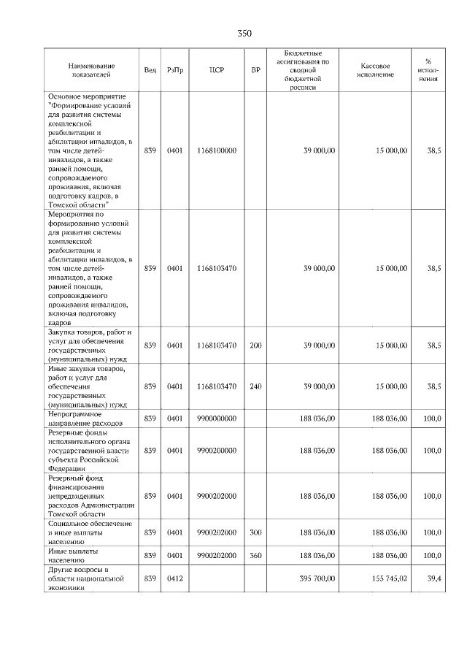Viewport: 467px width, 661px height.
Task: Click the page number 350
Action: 244,34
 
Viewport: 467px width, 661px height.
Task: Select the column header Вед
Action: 150,70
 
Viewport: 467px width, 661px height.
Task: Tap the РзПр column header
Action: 174,70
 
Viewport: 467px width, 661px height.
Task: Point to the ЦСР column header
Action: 216,70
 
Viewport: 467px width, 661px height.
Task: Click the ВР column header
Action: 255,70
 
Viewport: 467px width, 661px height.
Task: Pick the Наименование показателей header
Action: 88,70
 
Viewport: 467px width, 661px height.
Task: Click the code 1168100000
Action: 216,150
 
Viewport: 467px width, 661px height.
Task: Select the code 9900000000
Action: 216,419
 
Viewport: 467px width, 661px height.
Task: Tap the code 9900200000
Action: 216,451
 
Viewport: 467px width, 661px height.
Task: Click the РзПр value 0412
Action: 174,578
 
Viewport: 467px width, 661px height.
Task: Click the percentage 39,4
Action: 433,578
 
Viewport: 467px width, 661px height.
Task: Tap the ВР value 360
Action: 255,556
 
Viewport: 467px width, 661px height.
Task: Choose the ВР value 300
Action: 255,533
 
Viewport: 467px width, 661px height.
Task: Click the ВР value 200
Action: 255,345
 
